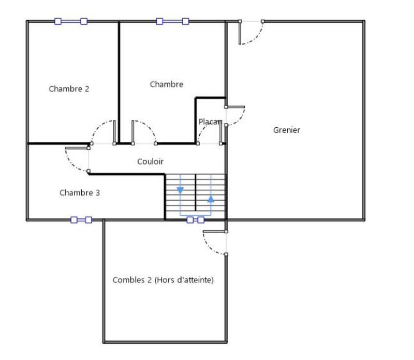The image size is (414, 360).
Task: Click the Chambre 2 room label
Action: [x=69, y=89]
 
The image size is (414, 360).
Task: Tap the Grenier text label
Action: [x=286, y=130]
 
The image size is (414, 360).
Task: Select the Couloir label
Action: [x=150, y=162]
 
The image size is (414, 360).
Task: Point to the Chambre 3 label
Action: [x=80, y=193]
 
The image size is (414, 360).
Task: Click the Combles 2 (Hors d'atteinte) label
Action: [x=163, y=280]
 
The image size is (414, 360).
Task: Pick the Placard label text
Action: [x=210, y=122]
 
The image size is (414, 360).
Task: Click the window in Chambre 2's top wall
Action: [x=71, y=21]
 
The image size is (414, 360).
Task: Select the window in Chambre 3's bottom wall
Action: [x=81, y=220]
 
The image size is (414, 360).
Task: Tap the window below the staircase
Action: [x=195, y=220]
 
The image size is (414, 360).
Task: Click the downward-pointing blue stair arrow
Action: [x=180, y=190]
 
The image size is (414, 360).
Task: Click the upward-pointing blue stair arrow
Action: [x=211, y=198]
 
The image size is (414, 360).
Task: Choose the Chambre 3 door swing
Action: [x=78, y=159]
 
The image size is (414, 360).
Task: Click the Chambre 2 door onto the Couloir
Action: [x=104, y=132]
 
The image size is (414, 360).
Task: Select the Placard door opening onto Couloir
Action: [x=210, y=133]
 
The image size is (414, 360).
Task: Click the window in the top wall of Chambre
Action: [x=172, y=21]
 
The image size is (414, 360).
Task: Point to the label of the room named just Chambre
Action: [x=166, y=84]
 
